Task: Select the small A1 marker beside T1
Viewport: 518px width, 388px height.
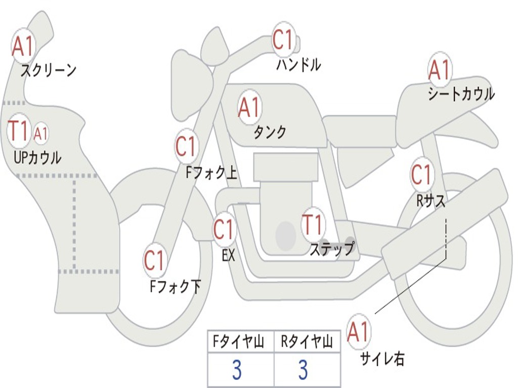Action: point(41,134)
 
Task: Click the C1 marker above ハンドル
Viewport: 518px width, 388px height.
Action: point(284,40)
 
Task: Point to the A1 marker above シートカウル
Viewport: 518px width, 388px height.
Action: point(440,70)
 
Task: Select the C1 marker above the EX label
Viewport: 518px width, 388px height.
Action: point(224,230)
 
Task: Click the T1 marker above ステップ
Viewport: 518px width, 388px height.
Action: point(312,224)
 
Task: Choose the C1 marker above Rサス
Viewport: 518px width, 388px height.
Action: point(421,175)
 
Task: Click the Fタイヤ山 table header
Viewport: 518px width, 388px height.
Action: point(240,343)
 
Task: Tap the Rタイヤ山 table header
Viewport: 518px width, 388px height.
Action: point(307,343)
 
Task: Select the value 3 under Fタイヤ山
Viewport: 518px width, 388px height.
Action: point(237,370)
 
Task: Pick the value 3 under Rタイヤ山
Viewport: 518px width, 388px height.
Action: point(304,370)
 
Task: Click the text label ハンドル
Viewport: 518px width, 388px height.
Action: point(298,65)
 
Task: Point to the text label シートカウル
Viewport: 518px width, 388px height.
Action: point(461,94)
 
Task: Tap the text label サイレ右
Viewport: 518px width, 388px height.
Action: point(382,359)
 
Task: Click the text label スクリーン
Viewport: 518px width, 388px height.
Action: point(48,70)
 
